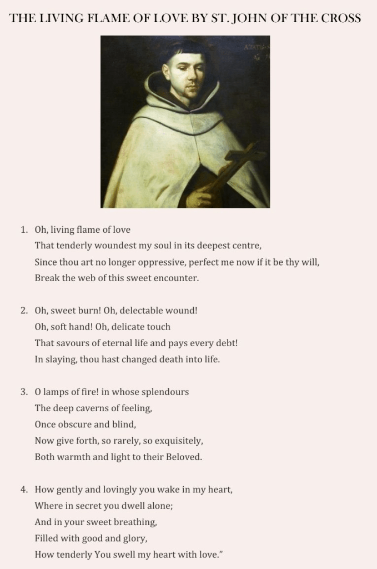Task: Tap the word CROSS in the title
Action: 341,18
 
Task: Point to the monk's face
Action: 187,77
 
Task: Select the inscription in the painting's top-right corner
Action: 255,50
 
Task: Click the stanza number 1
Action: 24,229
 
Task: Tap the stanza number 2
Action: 24,311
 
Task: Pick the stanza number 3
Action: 24,392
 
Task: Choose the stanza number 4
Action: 24,490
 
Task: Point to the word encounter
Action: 177,278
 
